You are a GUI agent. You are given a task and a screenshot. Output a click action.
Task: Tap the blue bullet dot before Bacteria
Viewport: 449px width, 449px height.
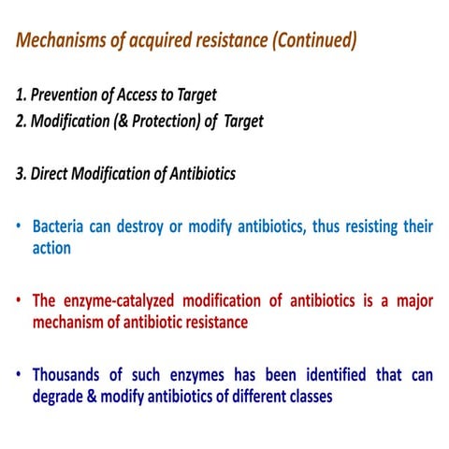(20, 226)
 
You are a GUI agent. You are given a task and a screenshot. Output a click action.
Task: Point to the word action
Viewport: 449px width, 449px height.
(51, 249)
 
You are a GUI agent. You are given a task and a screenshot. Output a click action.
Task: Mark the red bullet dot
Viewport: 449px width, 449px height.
(20, 301)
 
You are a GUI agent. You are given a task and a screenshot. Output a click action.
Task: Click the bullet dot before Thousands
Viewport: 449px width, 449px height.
(20, 375)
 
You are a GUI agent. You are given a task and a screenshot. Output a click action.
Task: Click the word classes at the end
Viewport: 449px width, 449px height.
(306, 397)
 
